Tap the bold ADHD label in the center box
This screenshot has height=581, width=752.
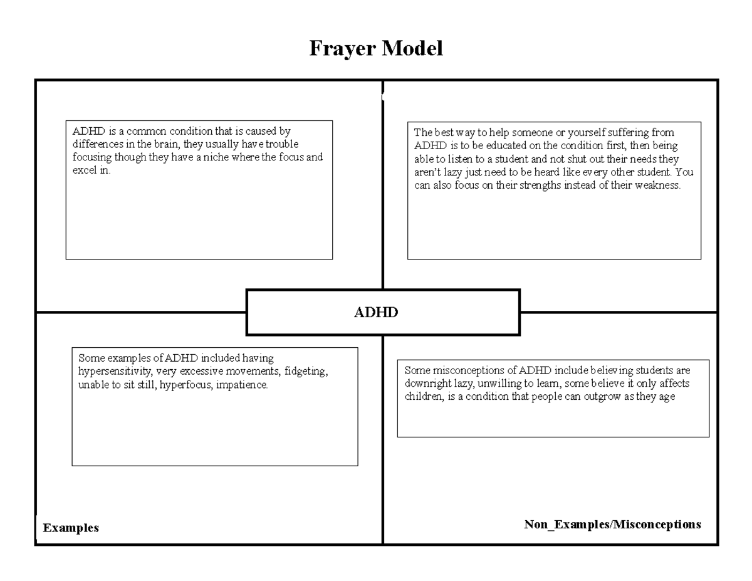point(376,312)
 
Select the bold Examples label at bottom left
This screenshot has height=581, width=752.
point(71,528)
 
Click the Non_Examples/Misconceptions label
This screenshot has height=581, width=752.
point(612,524)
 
